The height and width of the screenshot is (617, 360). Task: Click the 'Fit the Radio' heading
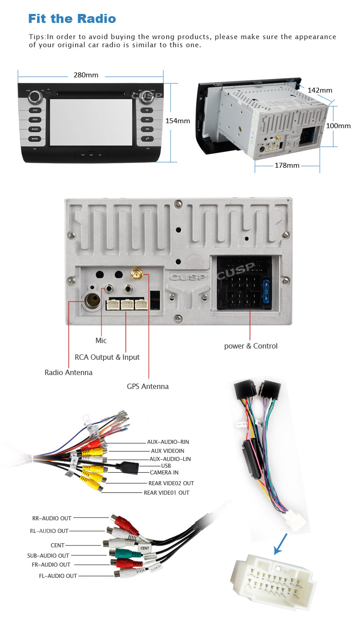point(72,19)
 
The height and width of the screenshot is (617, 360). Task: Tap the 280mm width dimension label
point(85,75)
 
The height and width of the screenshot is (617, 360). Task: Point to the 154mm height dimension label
point(178,121)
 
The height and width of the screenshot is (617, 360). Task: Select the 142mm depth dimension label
point(319,90)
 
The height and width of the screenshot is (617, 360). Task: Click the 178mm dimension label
point(287,165)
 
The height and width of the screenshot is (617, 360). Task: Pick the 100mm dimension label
point(338,126)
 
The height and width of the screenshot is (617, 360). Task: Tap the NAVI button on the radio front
point(35,120)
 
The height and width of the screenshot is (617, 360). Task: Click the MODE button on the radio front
point(35,139)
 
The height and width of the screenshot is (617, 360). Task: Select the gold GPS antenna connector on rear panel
point(135,273)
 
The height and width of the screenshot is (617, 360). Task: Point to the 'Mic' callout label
point(101,340)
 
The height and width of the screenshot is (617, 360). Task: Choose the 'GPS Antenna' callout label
point(148,386)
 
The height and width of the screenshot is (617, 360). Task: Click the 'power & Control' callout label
point(251,346)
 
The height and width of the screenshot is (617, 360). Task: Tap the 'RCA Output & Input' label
point(107,357)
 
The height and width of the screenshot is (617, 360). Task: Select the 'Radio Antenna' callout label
point(68,372)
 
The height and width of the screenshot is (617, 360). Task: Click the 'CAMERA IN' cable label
point(164,472)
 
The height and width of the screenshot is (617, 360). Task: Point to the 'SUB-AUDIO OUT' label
point(48,555)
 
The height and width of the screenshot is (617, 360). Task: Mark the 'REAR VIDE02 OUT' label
point(171,483)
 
